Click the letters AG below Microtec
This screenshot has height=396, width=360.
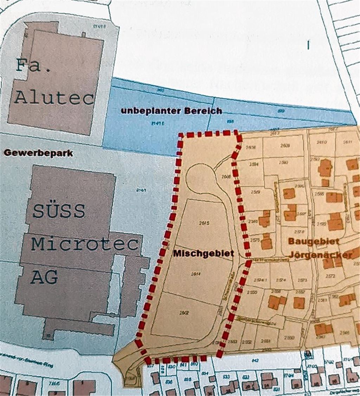pyautogui.click(x=44, y=277)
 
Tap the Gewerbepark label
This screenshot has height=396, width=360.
pyautogui.click(x=38, y=153)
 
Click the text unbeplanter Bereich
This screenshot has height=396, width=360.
pyautogui.click(x=172, y=111)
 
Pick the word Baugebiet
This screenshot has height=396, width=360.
pyautogui.click(x=314, y=241)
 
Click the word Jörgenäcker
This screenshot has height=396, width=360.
pyautogui.click(x=319, y=255)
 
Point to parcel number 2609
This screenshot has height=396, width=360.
pyautogui.click(x=285, y=145)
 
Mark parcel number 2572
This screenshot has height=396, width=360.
pyautogui.click(x=330, y=276)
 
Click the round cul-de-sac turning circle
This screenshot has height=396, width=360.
pyautogui.click(x=201, y=178)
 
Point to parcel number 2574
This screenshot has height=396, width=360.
pyautogui.click(x=279, y=280)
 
